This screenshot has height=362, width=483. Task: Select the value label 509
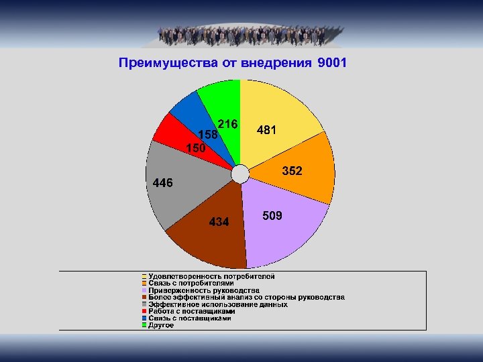pyautogui.click(x=272, y=217)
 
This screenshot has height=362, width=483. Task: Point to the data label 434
pyautogui.click(x=219, y=221)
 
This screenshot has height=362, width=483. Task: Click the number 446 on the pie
pyautogui.click(x=163, y=182)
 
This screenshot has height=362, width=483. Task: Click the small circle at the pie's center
pyautogui.click(x=239, y=174)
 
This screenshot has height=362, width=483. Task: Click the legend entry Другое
pyautogui.click(x=161, y=325)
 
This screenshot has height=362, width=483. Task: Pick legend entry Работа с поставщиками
pyautogui.click(x=191, y=311)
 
